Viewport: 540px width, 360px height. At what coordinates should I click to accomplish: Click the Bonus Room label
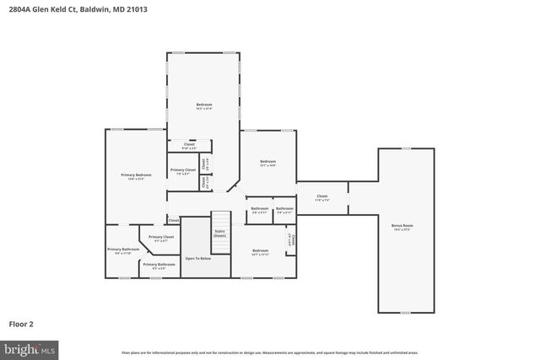point(402,226)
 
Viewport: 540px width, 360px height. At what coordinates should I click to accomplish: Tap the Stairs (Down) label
point(219,233)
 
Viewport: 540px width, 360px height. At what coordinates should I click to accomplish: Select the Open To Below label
point(197,258)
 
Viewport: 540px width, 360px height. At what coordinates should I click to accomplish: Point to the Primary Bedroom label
point(136,175)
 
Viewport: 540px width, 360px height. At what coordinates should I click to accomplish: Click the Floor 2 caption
point(21,323)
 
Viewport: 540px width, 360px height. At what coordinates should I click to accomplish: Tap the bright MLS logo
point(30,347)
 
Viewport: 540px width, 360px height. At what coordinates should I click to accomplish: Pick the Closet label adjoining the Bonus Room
point(321,196)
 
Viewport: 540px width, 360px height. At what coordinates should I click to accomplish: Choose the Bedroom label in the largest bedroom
point(204,105)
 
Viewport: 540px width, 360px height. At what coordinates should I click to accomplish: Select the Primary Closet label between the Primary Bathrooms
point(161,238)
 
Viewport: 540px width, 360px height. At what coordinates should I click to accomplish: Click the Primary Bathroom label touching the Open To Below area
point(159,265)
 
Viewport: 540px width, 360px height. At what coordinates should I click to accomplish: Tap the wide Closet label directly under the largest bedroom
point(183,145)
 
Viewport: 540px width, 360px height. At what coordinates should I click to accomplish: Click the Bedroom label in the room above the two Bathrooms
point(267,161)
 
